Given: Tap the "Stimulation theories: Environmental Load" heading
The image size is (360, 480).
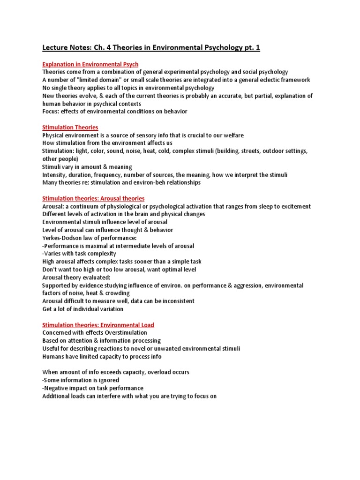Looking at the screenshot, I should [98, 324].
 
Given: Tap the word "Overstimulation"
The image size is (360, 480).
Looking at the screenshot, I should [124, 332].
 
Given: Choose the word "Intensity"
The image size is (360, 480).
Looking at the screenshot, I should [54, 174].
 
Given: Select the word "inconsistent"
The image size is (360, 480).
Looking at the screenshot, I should [173, 301].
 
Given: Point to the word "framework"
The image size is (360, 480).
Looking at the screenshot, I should [295, 80].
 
